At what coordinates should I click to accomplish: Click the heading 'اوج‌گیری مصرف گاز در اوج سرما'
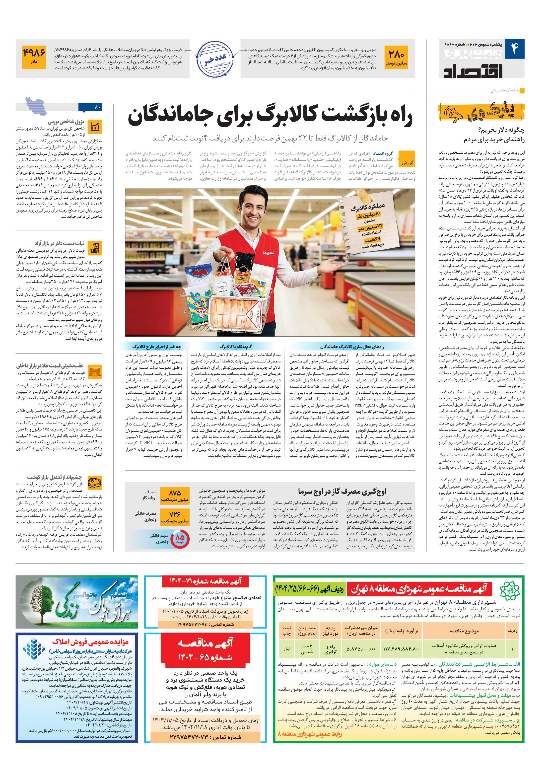click(x=342, y=492)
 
